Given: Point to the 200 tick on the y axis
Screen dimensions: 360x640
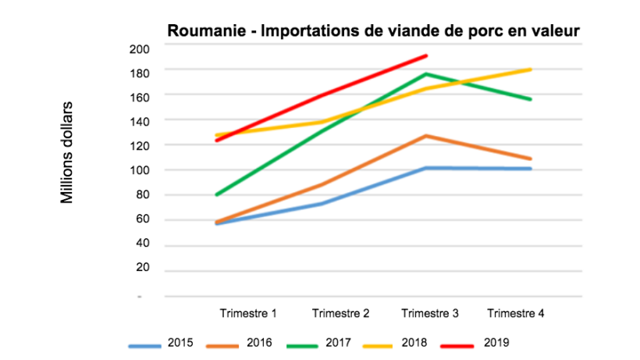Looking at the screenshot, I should click(139, 48).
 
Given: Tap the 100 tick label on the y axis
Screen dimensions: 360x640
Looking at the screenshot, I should click(139, 170).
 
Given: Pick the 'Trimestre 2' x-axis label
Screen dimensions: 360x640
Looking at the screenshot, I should click(340, 313).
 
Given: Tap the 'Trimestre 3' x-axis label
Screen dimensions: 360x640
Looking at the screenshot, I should click(429, 313).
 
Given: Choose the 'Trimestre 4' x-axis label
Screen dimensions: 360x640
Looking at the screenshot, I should click(515, 313).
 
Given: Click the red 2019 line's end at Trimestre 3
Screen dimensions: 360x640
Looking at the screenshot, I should click(427, 55).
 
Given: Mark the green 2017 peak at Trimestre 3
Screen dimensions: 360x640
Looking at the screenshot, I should click(427, 74).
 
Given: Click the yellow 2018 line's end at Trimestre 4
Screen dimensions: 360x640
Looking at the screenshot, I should click(531, 70).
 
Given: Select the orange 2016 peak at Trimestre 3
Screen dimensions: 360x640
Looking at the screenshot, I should click(427, 136).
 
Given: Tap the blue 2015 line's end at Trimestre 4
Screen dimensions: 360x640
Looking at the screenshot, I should click(531, 169).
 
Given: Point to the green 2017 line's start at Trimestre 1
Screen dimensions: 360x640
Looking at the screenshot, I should click(215, 194).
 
